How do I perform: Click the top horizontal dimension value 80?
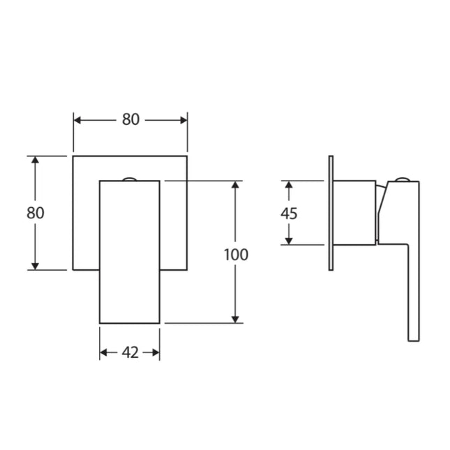coord(130,119)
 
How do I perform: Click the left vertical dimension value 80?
coord(36,213)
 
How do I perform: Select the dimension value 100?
coord(236,255)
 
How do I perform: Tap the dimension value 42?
coord(130,353)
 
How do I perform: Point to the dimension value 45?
coord(288,213)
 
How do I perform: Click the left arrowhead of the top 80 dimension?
coord(77,119)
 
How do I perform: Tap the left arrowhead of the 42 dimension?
coord(104,353)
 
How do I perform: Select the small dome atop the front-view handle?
coord(130,179)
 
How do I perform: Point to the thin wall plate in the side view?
coord(331,213)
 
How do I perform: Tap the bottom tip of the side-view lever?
coord(413,340)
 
